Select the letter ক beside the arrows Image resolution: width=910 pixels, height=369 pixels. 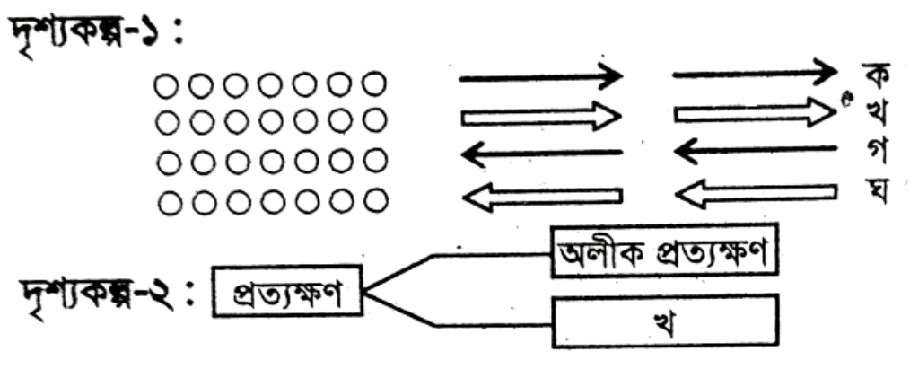(x=872, y=75)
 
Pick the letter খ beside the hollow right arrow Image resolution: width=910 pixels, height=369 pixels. (x=872, y=114)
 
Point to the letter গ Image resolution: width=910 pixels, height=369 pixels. (x=873, y=153)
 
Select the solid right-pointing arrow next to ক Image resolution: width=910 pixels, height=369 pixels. (x=755, y=73)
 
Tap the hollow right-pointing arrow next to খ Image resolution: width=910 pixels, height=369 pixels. (x=755, y=112)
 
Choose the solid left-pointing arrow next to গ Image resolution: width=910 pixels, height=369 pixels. (x=755, y=151)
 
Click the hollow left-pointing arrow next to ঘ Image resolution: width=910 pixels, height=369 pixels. (x=757, y=193)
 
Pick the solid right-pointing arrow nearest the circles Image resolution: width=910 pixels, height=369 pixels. (x=541, y=76)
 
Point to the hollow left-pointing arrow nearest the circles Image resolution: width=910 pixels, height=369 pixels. (x=543, y=196)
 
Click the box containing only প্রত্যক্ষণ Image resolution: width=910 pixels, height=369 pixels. (x=288, y=291)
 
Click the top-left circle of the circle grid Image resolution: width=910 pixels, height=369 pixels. (x=165, y=87)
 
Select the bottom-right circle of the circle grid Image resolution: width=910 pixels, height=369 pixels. (x=377, y=202)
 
